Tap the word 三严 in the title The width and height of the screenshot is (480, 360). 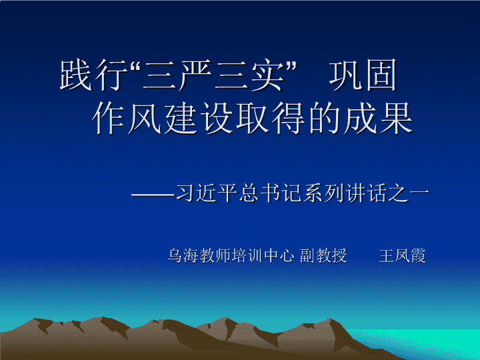177,75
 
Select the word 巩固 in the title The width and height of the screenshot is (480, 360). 363,75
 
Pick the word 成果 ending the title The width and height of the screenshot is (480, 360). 379,118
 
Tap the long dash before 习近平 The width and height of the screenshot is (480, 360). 153,194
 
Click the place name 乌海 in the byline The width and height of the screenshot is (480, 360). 183,255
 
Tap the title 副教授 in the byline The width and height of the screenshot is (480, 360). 323,255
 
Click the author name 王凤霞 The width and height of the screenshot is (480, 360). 402,255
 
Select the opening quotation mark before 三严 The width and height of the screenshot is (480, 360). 135,66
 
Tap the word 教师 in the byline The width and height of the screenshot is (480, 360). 215,255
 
